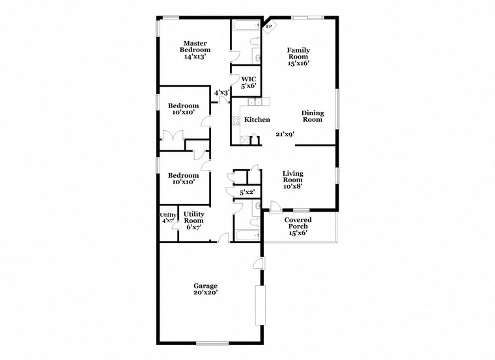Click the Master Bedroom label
pyautogui.click(x=195, y=49)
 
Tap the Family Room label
pyautogui.click(x=298, y=56)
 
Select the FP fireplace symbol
pyautogui.click(x=269, y=26)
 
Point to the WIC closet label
pyautogui.click(x=249, y=81)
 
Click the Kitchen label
pyautogui.click(x=257, y=120)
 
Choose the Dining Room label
pyautogui.click(x=312, y=116)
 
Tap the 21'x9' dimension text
pyautogui.click(x=285, y=134)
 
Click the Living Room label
pyautogui.click(x=294, y=180)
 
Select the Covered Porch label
pyautogui.click(x=298, y=226)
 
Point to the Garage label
pyautogui.click(x=205, y=289)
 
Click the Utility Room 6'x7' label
pyautogui.click(x=193, y=220)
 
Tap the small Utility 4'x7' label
pyautogui.click(x=168, y=217)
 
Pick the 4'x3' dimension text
pyautogui.click(x=221, y=92)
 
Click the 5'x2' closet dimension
pyautogui.click(x=247, y=192)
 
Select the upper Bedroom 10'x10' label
pyautogui.click(x=183, y=109)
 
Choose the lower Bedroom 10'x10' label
pyautogui.click(x=183, y=178)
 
